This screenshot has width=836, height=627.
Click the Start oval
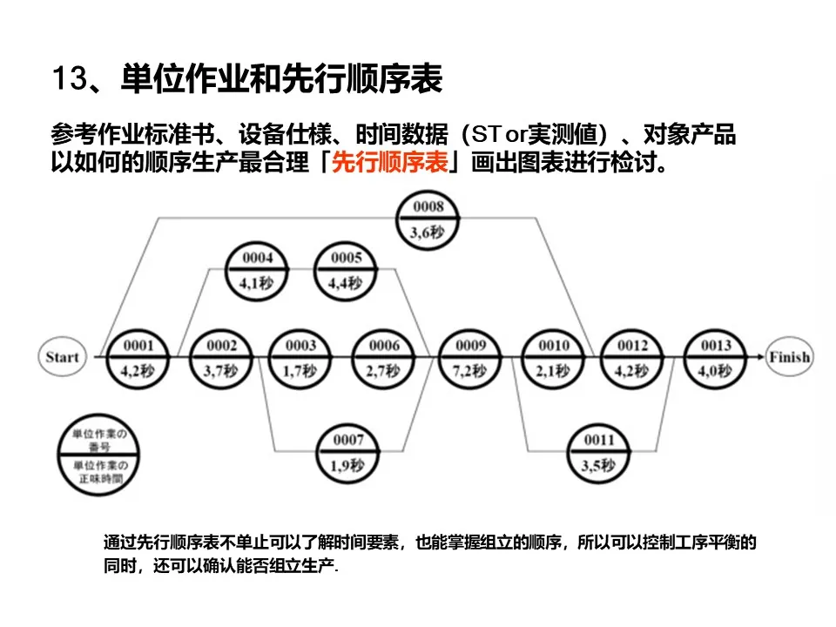click(62, 357)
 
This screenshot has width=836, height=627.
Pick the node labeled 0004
click(258, 270)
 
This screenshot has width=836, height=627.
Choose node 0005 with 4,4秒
click(346, 270)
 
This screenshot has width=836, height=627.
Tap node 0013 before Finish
click(715, 357)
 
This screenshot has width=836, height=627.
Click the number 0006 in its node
click(384, 346)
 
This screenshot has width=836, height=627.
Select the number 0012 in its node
click(633, 346)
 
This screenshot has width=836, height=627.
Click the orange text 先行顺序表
click(390, 163)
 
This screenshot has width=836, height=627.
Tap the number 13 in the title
click(67, 80)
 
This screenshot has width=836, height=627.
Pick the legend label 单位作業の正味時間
click(98, 471)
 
